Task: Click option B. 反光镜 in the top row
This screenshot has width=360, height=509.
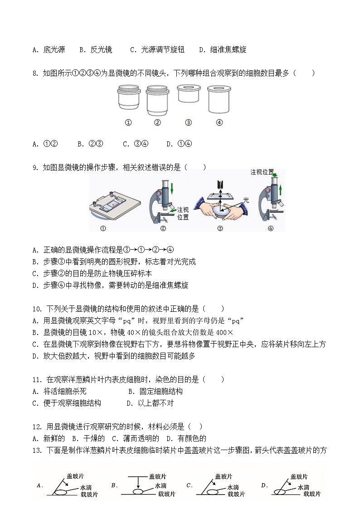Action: pos(96,50)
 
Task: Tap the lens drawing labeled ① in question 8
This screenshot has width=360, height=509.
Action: pos(128,97)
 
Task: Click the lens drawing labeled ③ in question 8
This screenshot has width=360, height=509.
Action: pos(189,94)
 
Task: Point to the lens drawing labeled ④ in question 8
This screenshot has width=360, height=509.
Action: pos(219,98)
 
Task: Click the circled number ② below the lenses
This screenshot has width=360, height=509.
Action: pos(157,122)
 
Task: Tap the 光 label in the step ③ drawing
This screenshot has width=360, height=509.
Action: pos(246,199)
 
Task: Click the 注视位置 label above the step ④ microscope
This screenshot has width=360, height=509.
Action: pos(262,172)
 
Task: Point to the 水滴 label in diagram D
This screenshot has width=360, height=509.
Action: pos(303,487)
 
